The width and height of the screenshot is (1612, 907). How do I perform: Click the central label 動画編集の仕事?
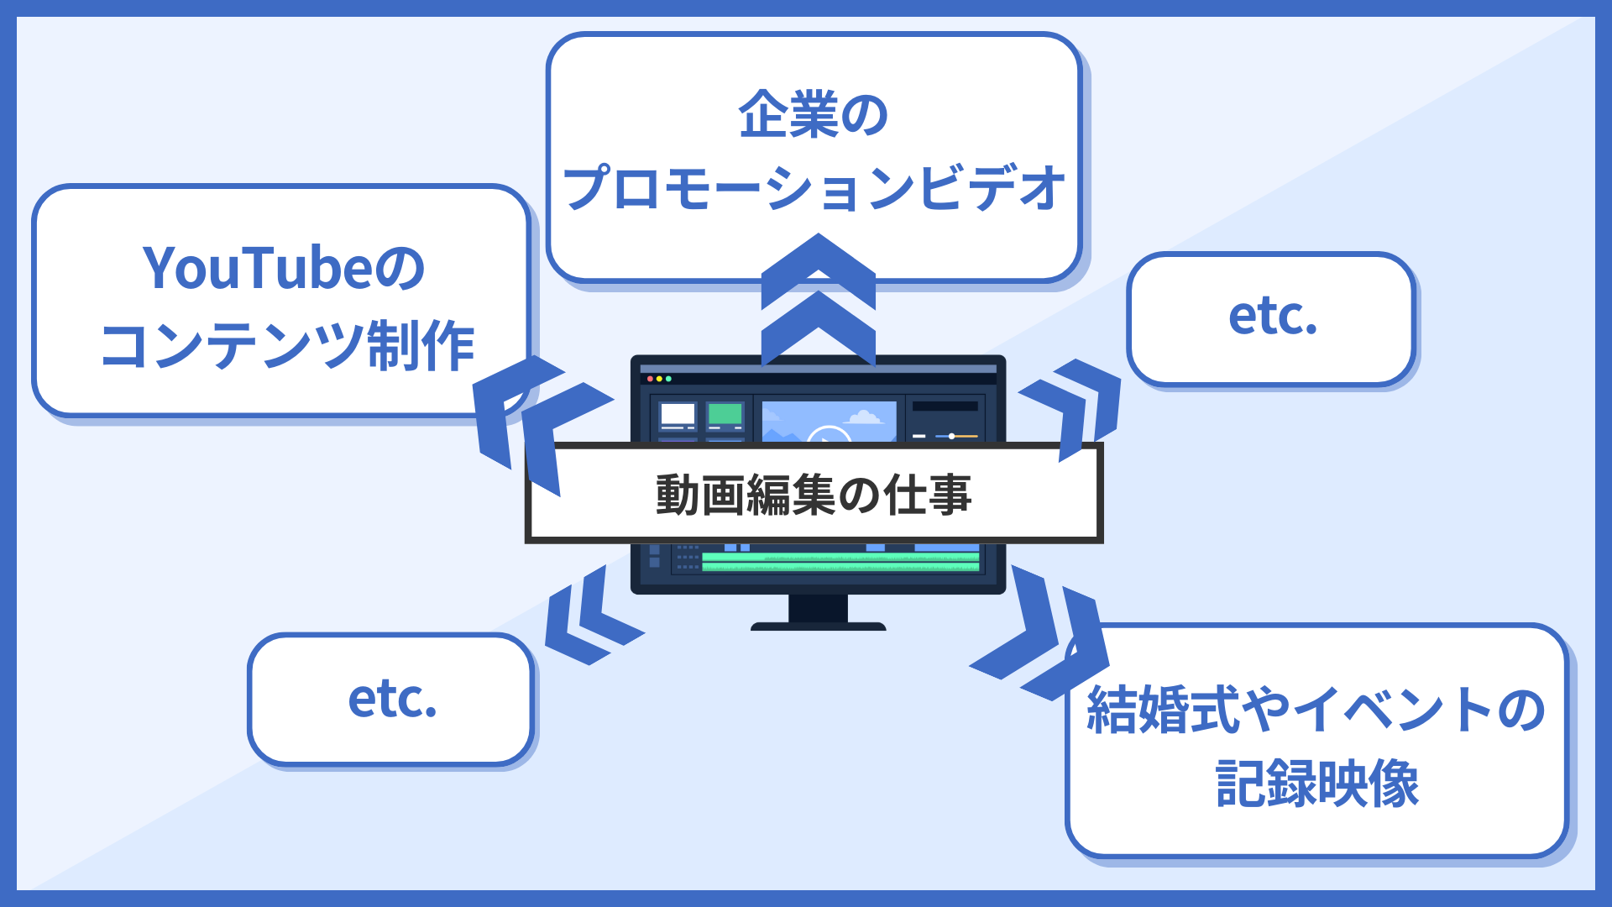coord(813,494)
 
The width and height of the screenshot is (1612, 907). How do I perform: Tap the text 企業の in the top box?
coord(813,114)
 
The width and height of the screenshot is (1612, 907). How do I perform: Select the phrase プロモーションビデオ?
coord(813,188)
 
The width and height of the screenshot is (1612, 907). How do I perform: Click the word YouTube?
coord(256,269)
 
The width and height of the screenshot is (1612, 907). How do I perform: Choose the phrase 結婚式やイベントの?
coord(1316,710)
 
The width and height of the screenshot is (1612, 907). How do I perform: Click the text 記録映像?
coord(1316,784)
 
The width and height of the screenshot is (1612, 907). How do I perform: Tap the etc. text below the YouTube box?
coord(392,699)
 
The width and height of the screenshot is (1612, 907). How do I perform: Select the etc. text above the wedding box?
coord(1272,317)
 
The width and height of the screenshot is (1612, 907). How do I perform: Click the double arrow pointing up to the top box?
coord(818,302)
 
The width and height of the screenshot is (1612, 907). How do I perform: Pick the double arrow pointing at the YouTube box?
coord(537,420)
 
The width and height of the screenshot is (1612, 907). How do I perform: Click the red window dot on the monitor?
coord(650,379)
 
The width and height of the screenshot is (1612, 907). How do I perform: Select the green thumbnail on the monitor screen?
coord(725,414)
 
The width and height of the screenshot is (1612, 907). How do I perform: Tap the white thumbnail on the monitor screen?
coord(678,414)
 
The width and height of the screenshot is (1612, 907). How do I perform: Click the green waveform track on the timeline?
coord(840,562)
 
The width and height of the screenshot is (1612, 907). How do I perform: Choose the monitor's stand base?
coord(818,626)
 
